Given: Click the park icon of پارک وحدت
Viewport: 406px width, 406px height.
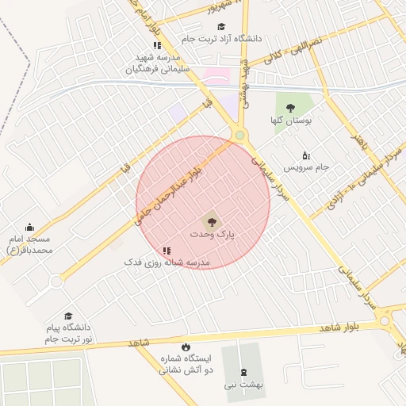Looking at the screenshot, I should tap(211, 222).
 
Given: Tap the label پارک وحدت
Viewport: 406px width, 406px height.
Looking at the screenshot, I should tap(213, 236).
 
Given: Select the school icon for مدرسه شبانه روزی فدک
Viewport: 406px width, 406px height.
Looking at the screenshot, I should tap(167, 251).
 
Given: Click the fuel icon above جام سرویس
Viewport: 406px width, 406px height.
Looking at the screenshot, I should tap(307, 155).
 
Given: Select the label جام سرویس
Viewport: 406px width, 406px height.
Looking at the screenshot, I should tap(312, 167).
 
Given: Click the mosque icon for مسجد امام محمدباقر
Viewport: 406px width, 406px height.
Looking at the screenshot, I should tap(30, 228).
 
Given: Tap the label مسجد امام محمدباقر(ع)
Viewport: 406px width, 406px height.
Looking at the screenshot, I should tap(29, 244).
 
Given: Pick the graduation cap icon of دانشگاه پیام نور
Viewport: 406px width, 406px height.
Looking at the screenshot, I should tap(67, 316).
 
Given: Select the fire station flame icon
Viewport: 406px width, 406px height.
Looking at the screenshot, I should tap(186, 347).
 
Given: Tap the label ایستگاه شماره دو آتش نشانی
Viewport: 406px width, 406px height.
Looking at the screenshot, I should tap(186, 364).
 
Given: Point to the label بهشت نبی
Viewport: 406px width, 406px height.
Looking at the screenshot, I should tap(242, 385).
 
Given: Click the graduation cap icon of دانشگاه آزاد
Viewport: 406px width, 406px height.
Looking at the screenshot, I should tap(221, 27).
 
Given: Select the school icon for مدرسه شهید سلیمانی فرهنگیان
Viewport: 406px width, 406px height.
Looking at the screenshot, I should tap(157, 46).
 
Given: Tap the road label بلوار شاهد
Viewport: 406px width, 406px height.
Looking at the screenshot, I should tap(340, 327).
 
